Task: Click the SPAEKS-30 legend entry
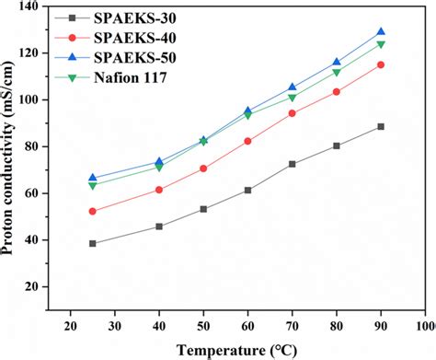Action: [x=133, y=17]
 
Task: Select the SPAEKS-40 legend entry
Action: [x=133, y=39]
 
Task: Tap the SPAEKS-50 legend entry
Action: [x=133, y=59]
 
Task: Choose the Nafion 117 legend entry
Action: [x=133, y=79]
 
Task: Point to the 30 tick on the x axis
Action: [x=115, y=325]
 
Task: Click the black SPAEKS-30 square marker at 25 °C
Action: [x=93, y=243]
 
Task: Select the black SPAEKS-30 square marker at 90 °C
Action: [x=381, y=126]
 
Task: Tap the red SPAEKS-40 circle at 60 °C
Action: [x=247, y=141]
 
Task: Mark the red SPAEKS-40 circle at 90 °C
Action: [x=381, y=64]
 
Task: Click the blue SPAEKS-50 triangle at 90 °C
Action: [x=381, y=31]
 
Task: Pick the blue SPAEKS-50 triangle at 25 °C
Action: [x=93, y=178]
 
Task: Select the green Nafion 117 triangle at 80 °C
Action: [x=337, y=73]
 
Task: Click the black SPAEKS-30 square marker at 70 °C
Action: [x=293, y=164]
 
